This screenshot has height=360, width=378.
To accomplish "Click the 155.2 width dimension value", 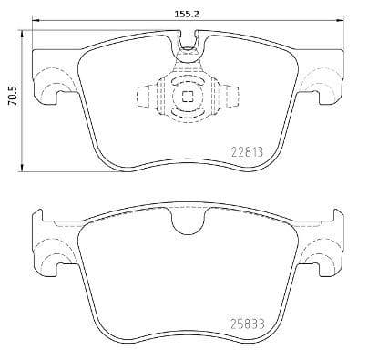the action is pyautogui.click(x=187, y=14).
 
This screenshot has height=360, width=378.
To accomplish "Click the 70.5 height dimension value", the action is pyautogui.click(x=14, y=96).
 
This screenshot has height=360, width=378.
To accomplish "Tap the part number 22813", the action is pyautogui.click(x=247, y=152).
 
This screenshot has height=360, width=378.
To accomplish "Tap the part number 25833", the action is pyautogui.click(x=248, y=324).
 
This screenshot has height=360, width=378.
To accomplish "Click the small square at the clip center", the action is pyautogui.click(x=188, y=97).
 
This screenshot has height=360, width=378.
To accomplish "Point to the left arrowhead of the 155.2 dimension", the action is pyautogui.click(x=36, y=20).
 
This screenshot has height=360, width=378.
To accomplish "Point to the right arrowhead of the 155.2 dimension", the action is pyautogui.click(x=341, y=20).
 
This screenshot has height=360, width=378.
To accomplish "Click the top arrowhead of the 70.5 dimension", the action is pyautogui.click(x=22, y=34).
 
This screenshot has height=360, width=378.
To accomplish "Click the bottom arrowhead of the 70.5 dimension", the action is pyautogui.click(x=22, y=168).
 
